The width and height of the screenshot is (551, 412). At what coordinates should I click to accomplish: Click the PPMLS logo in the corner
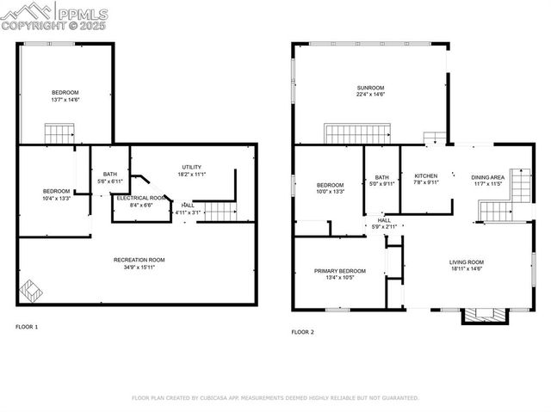tap(55, 15)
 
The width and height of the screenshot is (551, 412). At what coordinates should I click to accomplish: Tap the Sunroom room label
tap(370, 88)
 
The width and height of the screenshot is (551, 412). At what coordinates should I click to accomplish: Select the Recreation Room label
tap(139, 259)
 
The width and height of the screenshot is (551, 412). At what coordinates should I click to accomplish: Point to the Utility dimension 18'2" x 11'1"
tap(192, 175)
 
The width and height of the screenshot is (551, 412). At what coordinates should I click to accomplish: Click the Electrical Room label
tap(140, 198)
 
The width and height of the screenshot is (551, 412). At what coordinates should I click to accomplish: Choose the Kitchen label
tap(426, 175)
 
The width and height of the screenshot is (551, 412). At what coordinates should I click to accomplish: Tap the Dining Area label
tap(487, 176)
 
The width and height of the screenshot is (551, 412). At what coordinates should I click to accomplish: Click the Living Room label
tap(467, 262)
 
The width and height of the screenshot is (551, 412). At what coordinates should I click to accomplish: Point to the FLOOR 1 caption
tap(27, 327)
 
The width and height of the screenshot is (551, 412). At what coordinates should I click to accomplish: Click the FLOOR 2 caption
tap(302, 331)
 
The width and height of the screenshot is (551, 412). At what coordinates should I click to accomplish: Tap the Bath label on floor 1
tap(109, 175)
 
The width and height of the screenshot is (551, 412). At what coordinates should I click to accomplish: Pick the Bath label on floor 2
tap(381, 177)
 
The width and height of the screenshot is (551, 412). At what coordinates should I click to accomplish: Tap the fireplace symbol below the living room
tap(480, 315)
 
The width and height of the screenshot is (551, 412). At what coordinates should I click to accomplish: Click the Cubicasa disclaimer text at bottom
tap(275, 398)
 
